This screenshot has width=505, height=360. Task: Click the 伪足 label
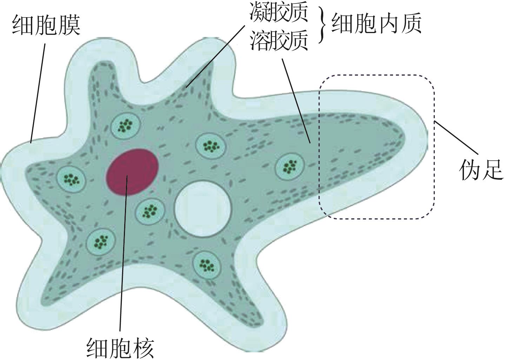click(x=481, y=171)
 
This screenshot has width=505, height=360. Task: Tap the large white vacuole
click(x=203, y=208)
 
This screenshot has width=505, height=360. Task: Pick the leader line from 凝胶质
click(x=214, y=56)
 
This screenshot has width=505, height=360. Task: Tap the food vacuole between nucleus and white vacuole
click(x=150, y=211)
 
